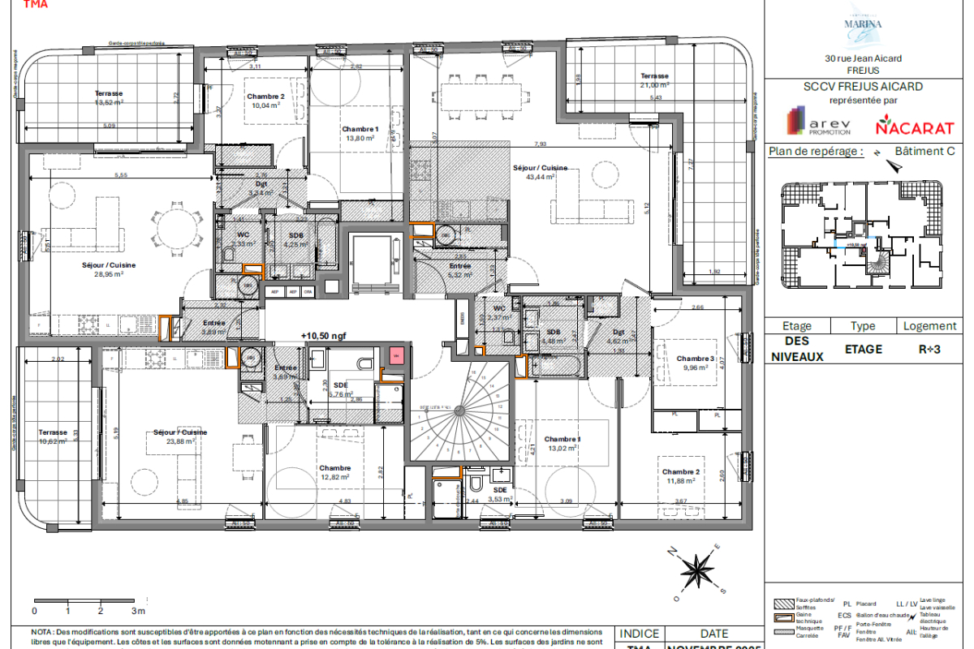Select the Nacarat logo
pyautogui.click(x=903, y=127)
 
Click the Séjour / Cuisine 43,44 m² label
pyautogui.click(x=533, y=171)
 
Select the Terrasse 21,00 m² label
pyautogui.click(x=653, y=80)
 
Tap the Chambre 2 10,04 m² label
pyautogui.click(x=265, y=101)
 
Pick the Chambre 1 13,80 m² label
pyautogui.click(x=360, y=134)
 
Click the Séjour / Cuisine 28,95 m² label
pyautogui.click(x=108, y=269)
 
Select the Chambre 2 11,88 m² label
pyautogui.click(x=680, y=476)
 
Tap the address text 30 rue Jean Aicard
pyautogui.click(x=862, y=58)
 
